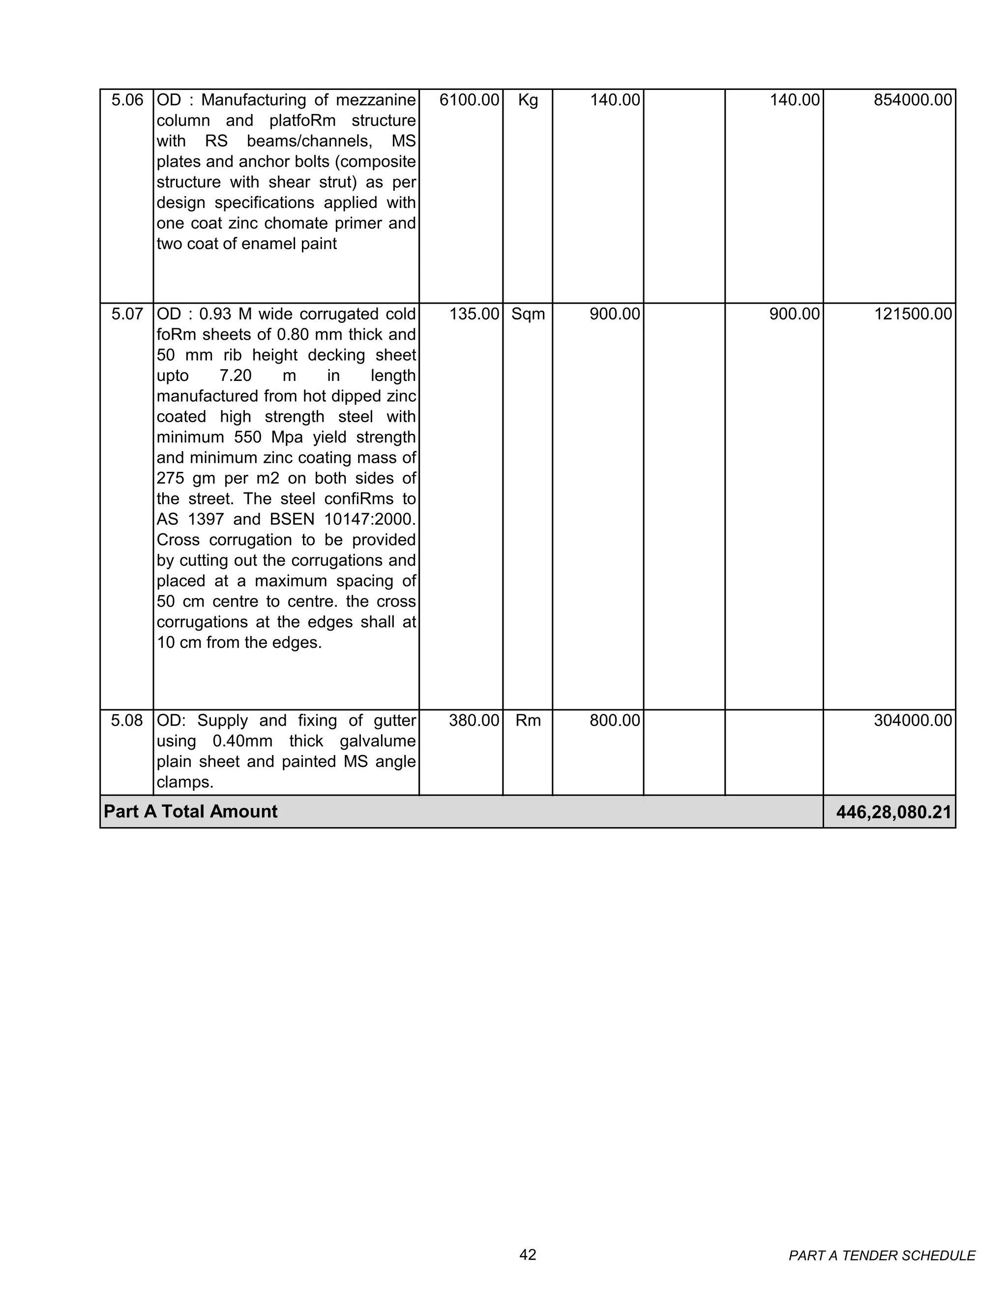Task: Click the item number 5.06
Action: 127,100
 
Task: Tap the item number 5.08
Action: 127,721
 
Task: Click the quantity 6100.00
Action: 469,100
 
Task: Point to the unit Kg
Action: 528,100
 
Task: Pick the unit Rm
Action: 528,721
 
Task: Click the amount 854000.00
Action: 912,100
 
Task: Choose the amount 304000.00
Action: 912,721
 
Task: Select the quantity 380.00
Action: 474,721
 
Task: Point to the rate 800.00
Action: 614,721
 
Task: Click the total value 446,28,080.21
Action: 893,812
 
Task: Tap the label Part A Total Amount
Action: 190,812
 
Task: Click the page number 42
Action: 528,1255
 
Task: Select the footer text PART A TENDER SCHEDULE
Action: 882,1256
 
